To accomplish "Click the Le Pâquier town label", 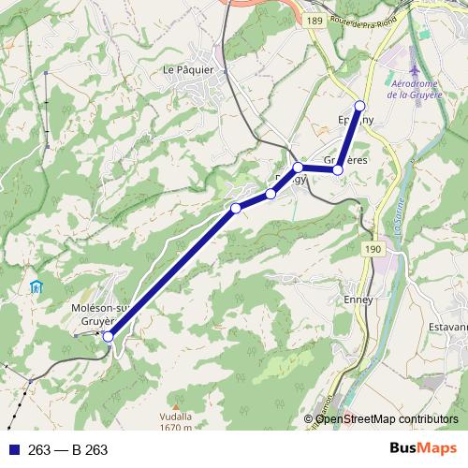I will click(x=188, y=68).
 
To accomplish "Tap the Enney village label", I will click(x=358, y=300).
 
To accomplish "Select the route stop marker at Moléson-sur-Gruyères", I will click(x=109, y=336).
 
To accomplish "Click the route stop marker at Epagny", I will click(x=359, y=105).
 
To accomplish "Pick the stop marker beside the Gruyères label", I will click(x=338, y=169).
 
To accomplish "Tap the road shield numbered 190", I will click(x=373, y=249).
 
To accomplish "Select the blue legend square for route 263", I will click(x=12, y=450).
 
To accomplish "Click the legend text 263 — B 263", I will click(x=68, y=450).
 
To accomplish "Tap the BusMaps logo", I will click(x=424, y=449).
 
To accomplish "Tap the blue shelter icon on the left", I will click(x=37, y=287).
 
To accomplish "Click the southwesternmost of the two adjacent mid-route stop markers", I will click(x=236, y=208).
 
